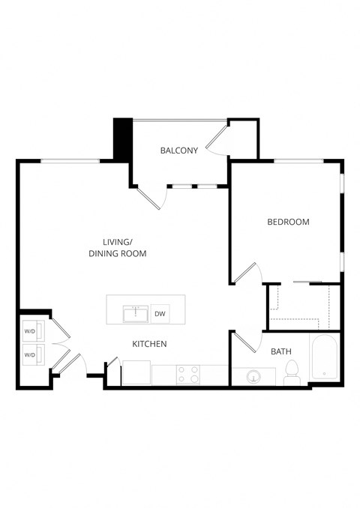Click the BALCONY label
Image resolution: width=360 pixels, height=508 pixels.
pos(179,151)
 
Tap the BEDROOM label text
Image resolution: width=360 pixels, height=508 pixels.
pos(288,222)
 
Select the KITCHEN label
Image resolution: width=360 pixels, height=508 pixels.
pos(149,344)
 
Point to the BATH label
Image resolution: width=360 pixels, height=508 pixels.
pos(281,351)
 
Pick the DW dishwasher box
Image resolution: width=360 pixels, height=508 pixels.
pos(160,314)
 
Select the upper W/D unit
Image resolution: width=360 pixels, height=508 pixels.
pos(31,330)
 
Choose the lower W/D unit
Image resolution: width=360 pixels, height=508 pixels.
pos(31,354)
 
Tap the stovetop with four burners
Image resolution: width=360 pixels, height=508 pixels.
pos(187,374)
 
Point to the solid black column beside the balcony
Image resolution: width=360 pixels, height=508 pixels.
pos(122,139)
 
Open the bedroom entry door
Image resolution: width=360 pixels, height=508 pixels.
pos(247,273)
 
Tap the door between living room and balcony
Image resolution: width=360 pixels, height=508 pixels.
pos(152,197)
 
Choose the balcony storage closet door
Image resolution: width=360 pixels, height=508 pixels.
pos(217,139)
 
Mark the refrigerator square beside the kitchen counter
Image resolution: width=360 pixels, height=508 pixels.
pos(136,372)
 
